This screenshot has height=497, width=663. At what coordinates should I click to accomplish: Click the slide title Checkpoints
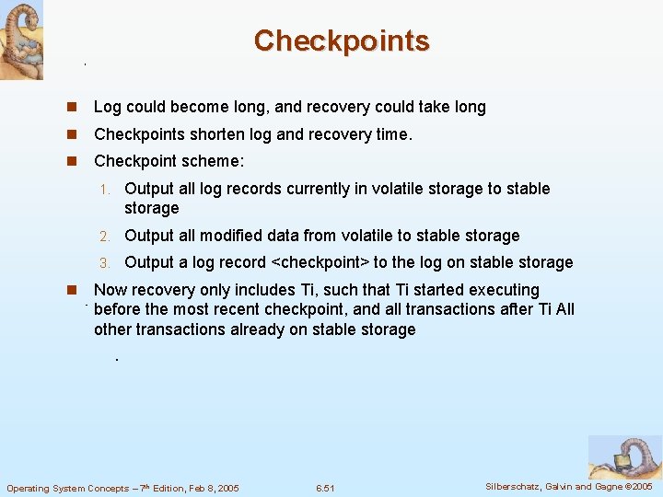click(x=341, y=40)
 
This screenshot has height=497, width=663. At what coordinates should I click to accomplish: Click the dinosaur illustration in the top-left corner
click(x=21, y=40)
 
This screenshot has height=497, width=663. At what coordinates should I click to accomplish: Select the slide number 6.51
click(x=324, y=488)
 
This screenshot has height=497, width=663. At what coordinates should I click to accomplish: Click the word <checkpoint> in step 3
click(x=319, y=262)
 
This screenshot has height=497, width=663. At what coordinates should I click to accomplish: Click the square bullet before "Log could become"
click(x=70, y=107)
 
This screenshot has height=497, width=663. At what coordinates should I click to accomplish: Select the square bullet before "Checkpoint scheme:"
click(x=70, y=161)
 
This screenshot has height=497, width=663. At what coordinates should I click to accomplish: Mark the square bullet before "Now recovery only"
click(x=70, y=290)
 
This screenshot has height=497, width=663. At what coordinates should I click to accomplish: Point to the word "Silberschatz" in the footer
click(x=514, y=486)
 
